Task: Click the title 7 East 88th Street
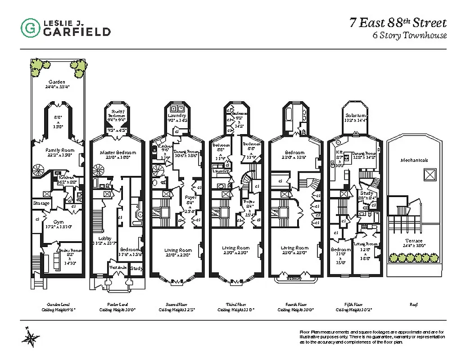click(x=398, y=23)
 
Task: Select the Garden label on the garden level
click(x=57, y=82)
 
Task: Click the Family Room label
click(x=58, y=150)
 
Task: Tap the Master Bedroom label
click(x=117, y=153)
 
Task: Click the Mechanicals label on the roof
click(x=414, y=160)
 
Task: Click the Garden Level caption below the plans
click(x=57, y=305)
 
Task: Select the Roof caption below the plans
click(x=414, y=305)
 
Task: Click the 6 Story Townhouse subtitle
click(x=409, y=36)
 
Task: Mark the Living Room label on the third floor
click(x=235, y=248)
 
